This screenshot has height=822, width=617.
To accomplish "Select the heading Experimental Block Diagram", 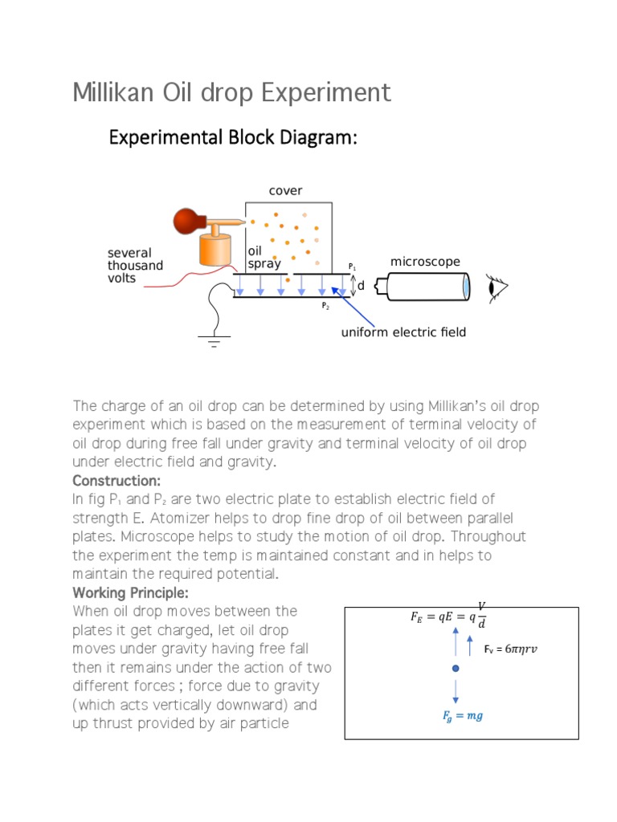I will [x=232, y=138].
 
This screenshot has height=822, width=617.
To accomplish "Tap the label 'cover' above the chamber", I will [x=285, y=190].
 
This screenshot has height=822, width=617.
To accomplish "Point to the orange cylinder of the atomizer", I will [x=215, y=250].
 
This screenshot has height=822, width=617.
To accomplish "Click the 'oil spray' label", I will [x=264, y=258].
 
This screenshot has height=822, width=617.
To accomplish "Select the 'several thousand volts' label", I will [x=135, y=266].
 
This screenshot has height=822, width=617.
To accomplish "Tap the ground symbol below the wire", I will [x=214, y=342].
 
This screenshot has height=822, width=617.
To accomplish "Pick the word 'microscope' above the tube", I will [x=425, y=262].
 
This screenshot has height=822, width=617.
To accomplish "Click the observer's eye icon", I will [x=497, y=287].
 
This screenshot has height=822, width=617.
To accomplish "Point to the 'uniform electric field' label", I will [x=404, y=332].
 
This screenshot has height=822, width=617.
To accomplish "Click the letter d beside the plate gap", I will [x=361, y=286].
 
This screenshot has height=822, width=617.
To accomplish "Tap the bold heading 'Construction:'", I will [x=116, y=481].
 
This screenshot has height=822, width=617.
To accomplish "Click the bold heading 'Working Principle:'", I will [x=130, y=592].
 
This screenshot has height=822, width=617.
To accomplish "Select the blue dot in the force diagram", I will [x=456, y=668].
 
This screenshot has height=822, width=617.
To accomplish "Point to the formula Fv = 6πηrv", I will [x=510, y=649].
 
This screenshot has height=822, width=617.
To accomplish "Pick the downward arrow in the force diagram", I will [x=456, y=691].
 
